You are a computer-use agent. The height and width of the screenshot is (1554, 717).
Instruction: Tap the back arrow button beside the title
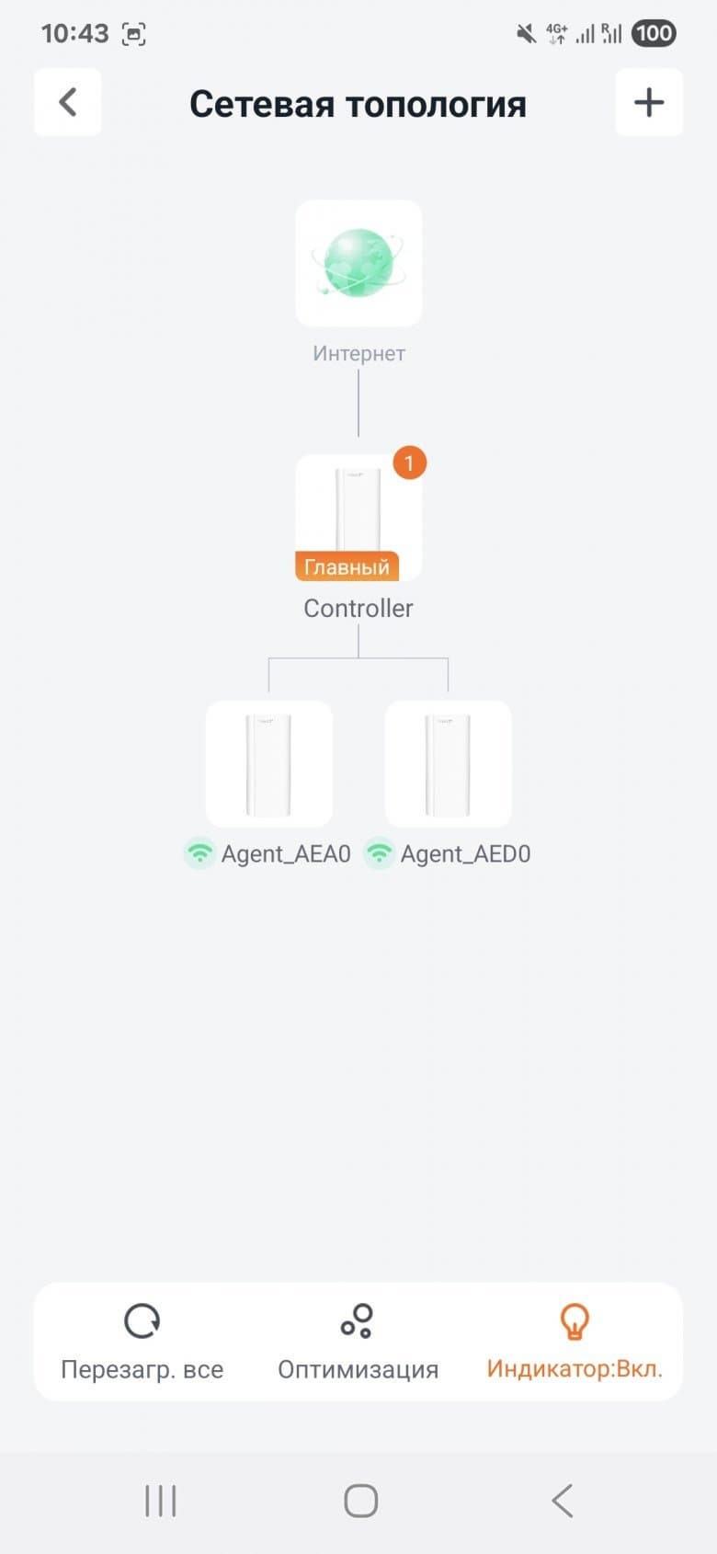[x=67, y=102]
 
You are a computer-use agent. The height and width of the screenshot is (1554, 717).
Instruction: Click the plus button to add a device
[x=649, y=102]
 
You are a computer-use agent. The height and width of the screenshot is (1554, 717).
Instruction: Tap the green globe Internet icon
[x=358, y=263]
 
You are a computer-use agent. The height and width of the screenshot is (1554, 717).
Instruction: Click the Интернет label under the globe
[x=358, y=353]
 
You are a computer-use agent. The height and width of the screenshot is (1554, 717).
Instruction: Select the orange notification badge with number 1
[x=409, y=463]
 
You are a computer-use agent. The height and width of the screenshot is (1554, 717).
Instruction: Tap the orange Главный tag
[x=347, y=566]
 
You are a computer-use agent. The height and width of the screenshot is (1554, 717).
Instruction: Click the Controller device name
[x=358, y=609]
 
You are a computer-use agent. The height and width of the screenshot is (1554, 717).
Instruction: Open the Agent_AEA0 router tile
[x=269, y=763]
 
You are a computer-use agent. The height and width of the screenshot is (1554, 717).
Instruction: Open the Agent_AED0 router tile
[x=448, y=763]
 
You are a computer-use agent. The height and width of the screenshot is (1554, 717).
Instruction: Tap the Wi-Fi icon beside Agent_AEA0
[x=199, y=852]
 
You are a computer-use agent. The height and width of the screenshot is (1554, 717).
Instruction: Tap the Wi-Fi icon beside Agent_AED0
[x=380, y=852]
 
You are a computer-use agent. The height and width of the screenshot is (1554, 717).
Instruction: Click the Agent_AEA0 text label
[x=286, y=854]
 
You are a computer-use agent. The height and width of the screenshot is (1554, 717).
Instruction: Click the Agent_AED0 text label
[x=465, y=854]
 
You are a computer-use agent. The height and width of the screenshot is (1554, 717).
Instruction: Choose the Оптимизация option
[x=358, y=1341]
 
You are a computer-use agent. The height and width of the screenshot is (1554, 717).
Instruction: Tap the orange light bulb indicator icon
[x=575, y=1320]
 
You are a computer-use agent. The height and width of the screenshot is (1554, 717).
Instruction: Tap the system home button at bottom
[x=360, y=1501]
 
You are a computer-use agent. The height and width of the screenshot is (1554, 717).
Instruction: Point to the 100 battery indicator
[x=654, y=33]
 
